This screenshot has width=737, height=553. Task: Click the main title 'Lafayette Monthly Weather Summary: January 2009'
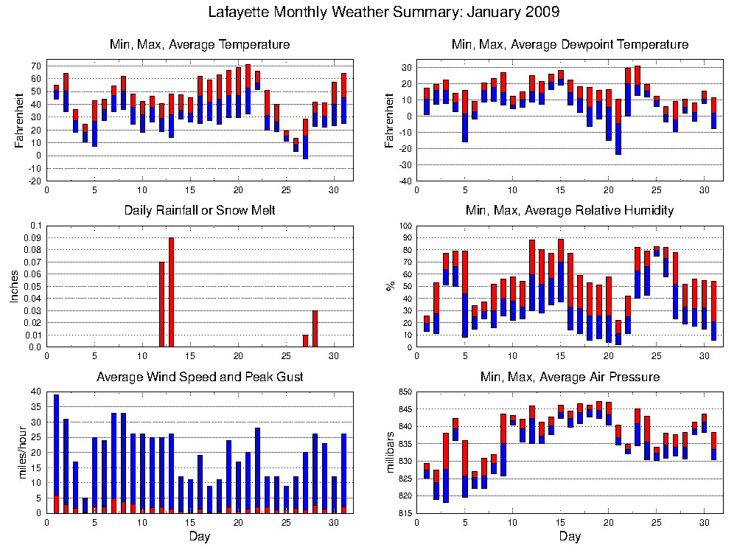[383, 13]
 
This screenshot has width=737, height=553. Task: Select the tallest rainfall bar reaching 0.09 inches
[171, 291]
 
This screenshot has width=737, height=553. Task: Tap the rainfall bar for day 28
[315, 328]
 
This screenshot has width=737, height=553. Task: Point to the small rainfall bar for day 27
[305, 341]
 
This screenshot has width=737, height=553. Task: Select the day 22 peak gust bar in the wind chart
[257, 468]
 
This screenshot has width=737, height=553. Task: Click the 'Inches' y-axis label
[14, 285]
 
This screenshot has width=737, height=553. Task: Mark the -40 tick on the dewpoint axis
[404, 181]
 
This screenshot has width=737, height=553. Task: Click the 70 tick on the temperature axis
[35, 66]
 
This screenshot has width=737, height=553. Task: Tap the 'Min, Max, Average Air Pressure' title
[570, 377]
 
